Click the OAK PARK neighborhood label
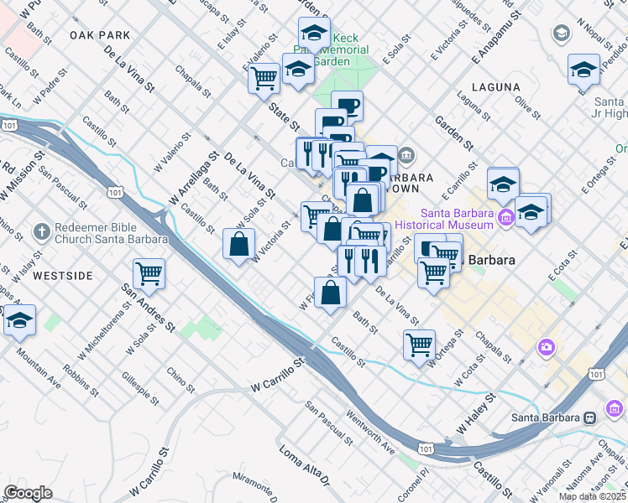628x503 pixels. pos(101,35)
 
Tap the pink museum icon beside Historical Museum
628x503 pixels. pos(505,219)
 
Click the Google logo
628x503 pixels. pos(28,493)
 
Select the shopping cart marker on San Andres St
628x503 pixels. pos(149,273)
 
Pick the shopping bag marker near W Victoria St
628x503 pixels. pos(238,245)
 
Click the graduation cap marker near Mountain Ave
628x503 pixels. pos(18,320)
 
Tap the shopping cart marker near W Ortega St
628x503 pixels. pos(418,344)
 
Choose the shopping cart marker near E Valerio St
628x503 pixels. pos(264,79)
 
